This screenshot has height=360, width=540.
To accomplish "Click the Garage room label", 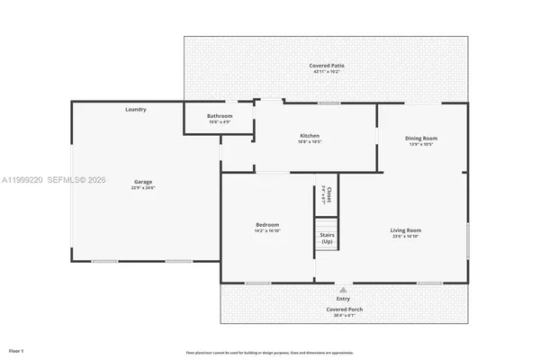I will pos(143,182).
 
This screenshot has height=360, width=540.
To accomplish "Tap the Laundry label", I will pos(136,110).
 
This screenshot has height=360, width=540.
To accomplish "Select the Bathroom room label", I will pos(220,116).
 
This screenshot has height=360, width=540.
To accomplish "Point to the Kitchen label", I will pos(310,137).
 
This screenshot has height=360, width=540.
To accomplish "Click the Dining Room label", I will pos(421,138).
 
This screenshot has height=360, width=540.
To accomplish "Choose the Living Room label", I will pos(406,230).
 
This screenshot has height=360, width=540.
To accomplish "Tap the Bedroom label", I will pos(267,225).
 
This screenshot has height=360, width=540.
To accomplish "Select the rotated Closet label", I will pos(329,193).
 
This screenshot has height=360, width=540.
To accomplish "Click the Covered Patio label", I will pos(327,66).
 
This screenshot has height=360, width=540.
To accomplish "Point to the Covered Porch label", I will pos(343,309).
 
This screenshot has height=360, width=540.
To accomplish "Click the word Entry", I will pos(343,299).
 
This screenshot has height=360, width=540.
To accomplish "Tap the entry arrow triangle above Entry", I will pos(343,291).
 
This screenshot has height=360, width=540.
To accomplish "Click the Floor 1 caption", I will pos(16,349).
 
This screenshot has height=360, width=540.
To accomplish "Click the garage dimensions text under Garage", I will pos(143,188).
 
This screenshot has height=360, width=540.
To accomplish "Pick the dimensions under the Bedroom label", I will pos(267,230).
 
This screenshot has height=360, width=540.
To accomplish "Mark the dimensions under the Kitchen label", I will pos(310,142).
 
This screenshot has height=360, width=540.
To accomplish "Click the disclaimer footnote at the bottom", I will pos(270,352).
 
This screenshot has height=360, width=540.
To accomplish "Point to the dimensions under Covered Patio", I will pos(327,71).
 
